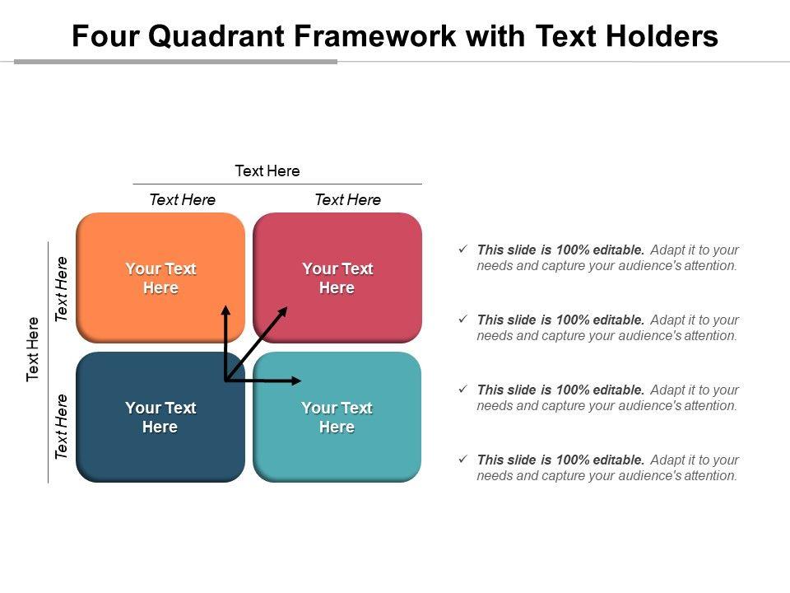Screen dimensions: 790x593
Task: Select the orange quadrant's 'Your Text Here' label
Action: coord(160,278)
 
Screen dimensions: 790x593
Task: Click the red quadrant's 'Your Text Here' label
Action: coord(337,278)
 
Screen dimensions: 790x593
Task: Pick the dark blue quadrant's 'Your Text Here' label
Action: coord(160,418)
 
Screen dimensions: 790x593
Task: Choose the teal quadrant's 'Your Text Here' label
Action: coord(337,418)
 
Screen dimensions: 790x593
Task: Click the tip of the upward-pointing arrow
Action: coord(225,306)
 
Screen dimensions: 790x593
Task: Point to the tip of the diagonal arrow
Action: coord(287,307)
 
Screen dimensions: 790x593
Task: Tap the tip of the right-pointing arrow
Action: coord(302,381)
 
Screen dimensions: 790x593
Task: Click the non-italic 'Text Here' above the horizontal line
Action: coord(267,171)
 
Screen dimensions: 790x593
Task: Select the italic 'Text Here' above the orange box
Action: coord(182,200)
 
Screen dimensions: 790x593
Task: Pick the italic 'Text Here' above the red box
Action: coord(347,200)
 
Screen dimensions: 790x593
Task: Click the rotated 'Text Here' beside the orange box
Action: coord(62,289)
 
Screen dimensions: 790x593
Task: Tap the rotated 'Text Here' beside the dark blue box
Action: coord(62,427)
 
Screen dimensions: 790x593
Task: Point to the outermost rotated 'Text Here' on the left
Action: coord(33,348)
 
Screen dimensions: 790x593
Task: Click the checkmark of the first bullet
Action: coord(462,249)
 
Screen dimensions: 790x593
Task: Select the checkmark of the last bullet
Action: coord(462,459)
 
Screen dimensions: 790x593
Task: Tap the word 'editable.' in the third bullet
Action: coord(618,390)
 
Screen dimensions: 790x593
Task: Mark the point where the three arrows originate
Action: coord(225,381)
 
